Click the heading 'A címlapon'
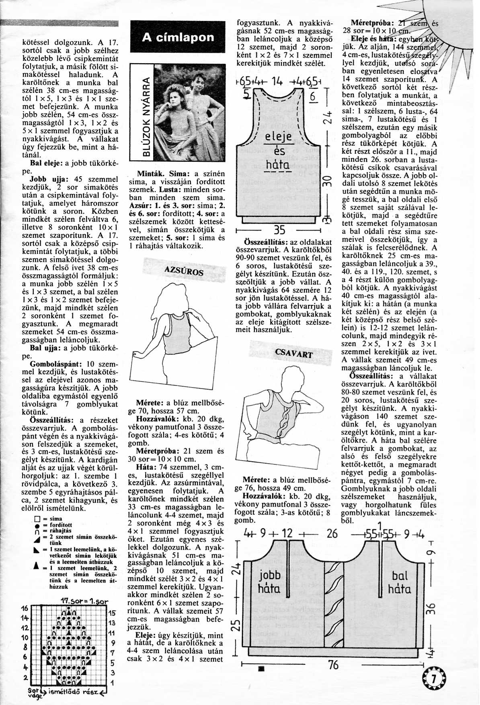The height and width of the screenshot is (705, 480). click(178, 38)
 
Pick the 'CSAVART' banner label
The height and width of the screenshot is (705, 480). click(293, 353)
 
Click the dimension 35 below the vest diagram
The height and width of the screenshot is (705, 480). click(279, 230)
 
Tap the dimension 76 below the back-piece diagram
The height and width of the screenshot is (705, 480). click(333, 664)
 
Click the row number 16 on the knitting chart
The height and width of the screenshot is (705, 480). click(25, 608)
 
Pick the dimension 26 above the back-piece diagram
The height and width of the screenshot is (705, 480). click(332, 534)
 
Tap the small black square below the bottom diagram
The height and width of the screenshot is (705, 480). click(261, 669)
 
